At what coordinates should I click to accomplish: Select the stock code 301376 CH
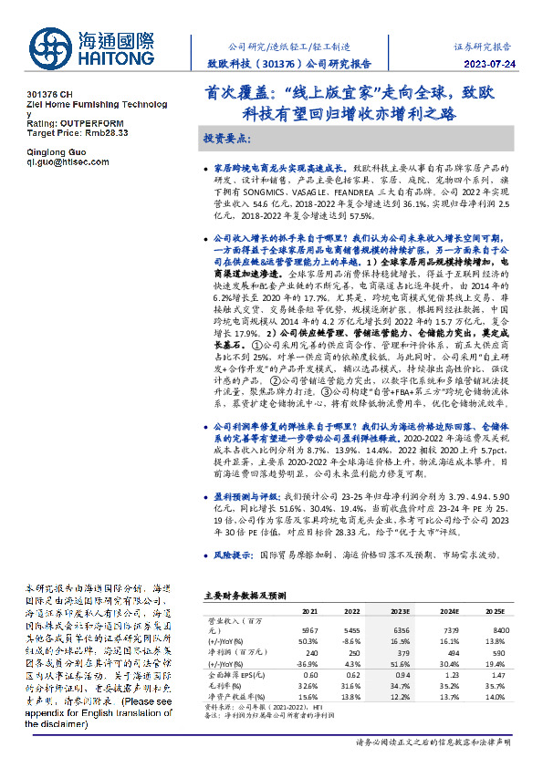click(x=49, y=95)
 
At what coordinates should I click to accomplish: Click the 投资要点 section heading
click(x=223, y=138)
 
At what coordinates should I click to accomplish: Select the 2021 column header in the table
click(x=310, y=610)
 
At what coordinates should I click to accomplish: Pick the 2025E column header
click(x=492, y=610)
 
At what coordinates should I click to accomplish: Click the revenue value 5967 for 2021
click(x=310, y=628)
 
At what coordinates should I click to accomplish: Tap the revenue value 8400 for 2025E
click(x=492, y=628)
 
